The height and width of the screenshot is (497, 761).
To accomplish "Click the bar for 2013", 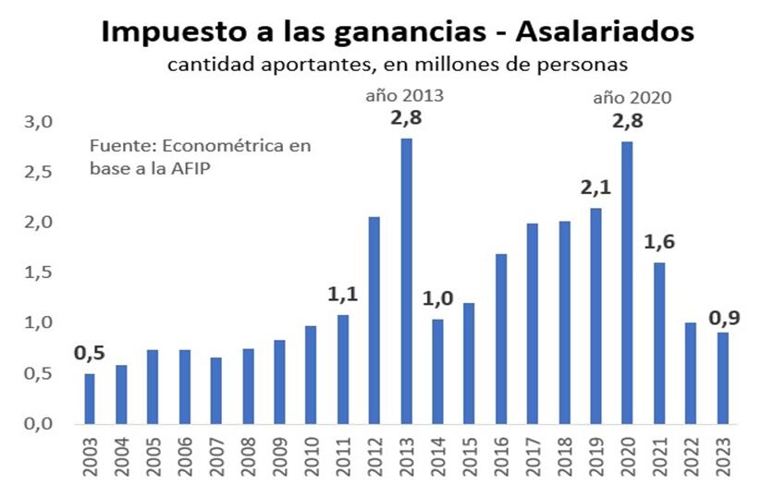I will pos(406,281).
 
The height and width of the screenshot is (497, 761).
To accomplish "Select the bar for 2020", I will pos(628,282).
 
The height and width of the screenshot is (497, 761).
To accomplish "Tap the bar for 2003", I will pos(90,398).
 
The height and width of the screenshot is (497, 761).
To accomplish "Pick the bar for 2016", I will pos(501,338).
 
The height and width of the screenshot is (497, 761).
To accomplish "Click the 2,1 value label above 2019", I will pos(595,188).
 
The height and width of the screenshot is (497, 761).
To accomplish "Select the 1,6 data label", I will pos(658,242).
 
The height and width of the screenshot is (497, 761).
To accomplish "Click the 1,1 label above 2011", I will pos(343,297).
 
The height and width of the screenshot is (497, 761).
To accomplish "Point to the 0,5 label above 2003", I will pos(89,353).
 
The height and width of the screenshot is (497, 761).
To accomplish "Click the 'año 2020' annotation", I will pos(631,96).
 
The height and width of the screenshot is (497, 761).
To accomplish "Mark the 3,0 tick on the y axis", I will pos(39,123).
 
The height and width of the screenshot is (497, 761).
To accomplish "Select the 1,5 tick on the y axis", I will pos(39,273).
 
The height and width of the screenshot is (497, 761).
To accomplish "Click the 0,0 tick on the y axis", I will pos(39,424).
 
